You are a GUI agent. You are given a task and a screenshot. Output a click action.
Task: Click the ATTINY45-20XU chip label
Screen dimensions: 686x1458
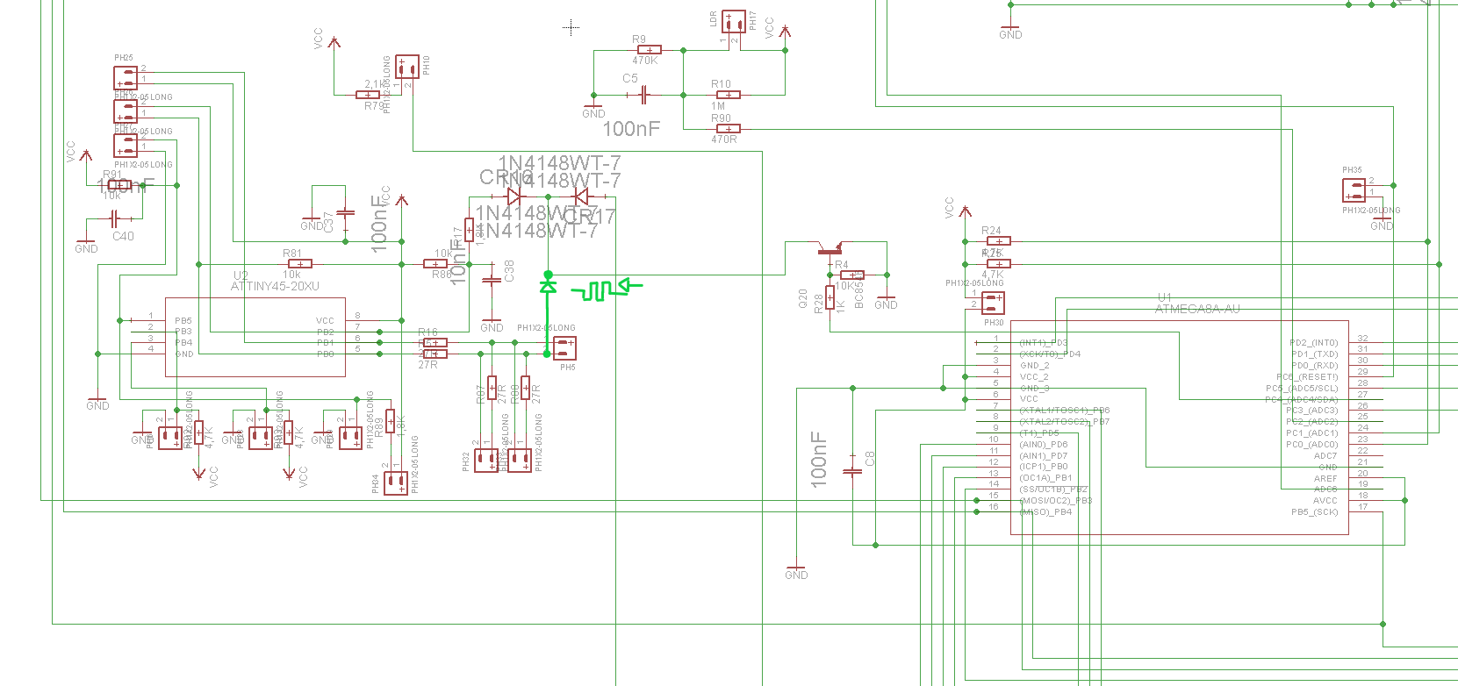pyautogui.click(x=275, y=286)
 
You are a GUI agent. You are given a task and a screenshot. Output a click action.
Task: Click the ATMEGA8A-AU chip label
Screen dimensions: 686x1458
pyautogui.click(x=1197, y=309)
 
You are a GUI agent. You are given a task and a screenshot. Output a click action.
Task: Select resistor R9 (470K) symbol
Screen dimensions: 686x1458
pyautogui.click(x=649, y=50)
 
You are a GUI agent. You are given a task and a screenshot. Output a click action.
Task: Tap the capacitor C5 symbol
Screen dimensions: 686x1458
pyautogui.click(x=644, y=94)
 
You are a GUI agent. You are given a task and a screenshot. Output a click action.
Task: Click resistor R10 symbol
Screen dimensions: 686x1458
pyautogui.click(x=728, y=95)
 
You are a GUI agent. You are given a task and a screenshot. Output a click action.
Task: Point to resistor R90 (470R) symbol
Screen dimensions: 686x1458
pyautogui.click(x=728, y=129)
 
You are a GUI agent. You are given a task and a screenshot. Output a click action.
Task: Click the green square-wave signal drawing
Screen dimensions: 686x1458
pyautogui.click(x=597, y=290)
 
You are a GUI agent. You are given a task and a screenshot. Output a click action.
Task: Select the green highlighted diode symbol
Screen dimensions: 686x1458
pyautogui.click(x=548, y=286)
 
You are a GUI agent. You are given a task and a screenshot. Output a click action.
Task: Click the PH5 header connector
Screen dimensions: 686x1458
pyautogui.click(x=564, y=347)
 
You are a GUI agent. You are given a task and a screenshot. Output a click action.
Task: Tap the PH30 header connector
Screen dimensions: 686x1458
pyautogui.click(x=993, y=303)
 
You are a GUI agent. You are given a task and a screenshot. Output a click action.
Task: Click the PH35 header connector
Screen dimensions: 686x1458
pyautogui.click(x=1354, y=190)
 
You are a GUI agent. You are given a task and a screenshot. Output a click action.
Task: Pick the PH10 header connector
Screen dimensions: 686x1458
pyautogui.click(x=406, y=67)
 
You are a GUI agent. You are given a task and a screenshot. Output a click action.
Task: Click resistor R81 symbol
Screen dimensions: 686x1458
pyautogui.click(x=299, y=264)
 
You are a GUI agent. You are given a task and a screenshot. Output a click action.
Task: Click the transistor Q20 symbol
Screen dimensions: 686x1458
pyautogui.click(x=830, y=250)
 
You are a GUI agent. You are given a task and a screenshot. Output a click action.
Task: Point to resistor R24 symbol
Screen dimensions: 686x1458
pyautogui.click(x=998, y=240)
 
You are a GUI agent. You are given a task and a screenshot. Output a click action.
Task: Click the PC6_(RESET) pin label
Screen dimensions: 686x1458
pyautogui.click(x=1308, y=377)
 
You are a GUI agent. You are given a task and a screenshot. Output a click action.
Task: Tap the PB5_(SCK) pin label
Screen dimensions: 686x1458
pyautogui.click(x=1314, y=512)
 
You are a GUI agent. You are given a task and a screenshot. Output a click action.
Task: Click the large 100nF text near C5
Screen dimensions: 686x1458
pyautogui.click(x=630, y=129)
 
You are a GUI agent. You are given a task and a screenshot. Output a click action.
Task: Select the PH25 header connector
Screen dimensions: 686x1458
pyautogui.click(x=126, y=79)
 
